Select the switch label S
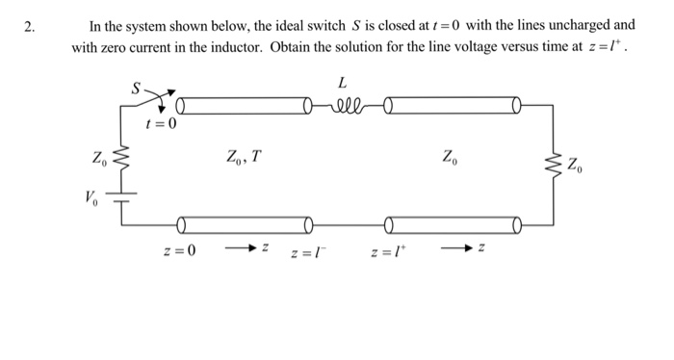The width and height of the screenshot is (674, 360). pos(136,88)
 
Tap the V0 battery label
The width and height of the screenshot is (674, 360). pos(91,199)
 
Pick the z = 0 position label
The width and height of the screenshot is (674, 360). pos(180,252)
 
